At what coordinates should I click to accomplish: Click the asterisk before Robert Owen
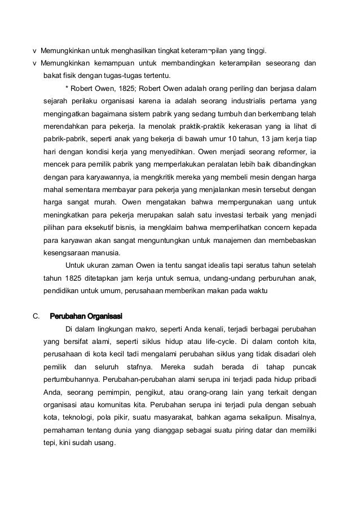coord(67,89)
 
